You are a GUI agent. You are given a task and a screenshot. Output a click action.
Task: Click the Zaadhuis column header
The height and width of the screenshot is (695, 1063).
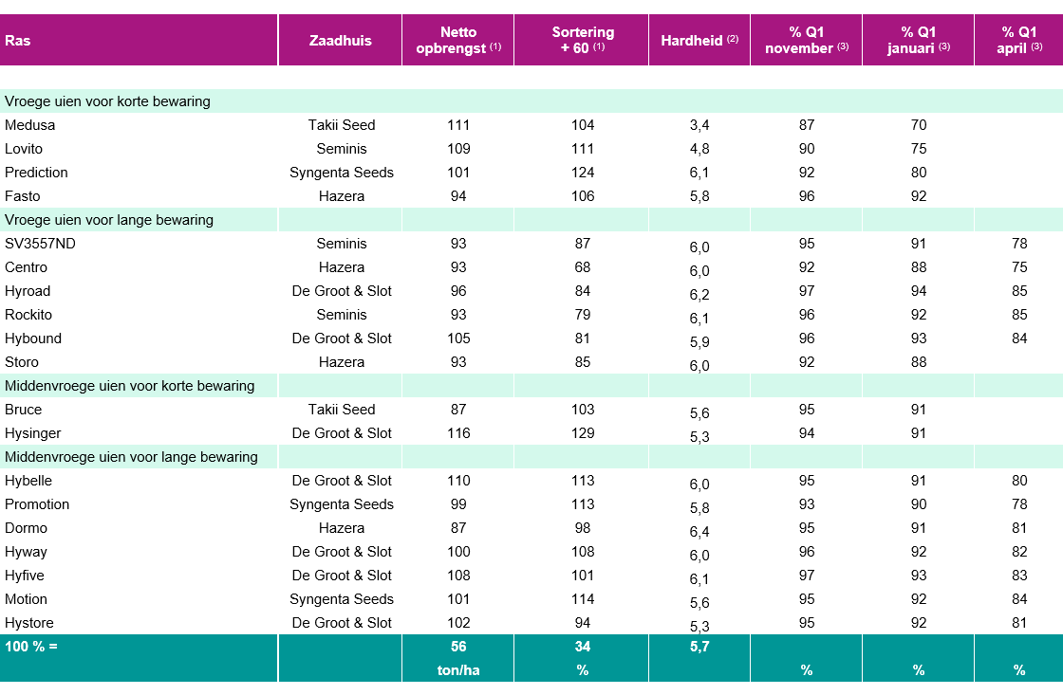pos(341,41)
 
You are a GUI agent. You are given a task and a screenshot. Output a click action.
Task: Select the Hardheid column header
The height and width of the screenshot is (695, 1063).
pos(699,41)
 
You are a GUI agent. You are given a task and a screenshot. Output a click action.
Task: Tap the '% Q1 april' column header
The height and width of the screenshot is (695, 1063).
pos(1019,40)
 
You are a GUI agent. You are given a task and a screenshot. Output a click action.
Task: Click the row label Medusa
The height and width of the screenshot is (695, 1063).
pos(29,125)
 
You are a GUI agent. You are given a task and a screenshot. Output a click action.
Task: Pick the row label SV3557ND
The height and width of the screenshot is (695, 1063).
pos(40,244)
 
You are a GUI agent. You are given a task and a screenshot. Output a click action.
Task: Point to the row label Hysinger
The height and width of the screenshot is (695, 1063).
pos(32,433)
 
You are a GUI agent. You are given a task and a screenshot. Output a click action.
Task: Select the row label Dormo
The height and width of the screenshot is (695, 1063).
pos(26,528)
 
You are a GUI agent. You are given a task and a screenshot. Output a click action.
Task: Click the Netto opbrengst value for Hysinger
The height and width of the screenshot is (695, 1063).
pos(458,433)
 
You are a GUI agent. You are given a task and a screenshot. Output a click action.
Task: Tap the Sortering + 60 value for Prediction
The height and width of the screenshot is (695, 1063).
pos(583,173)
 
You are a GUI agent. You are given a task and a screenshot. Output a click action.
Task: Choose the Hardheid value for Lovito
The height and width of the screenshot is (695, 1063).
pos(699,149)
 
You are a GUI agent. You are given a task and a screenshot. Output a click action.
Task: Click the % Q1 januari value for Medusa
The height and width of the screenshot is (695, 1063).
pos(919,125)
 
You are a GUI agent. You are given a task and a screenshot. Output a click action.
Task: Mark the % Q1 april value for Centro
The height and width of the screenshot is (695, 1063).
pos(1019,267)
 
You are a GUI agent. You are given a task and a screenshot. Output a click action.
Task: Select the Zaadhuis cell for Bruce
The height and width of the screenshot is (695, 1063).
pos(341,410)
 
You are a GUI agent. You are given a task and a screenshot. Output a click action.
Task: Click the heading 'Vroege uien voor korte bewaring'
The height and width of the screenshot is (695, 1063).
pos(107,101)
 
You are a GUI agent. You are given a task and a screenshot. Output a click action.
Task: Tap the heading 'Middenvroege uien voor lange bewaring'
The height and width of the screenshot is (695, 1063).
pos(131,457)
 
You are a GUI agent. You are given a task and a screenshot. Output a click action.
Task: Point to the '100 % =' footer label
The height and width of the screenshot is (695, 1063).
pos(31,647)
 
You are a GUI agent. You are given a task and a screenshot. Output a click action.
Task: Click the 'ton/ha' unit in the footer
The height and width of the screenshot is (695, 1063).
pos(458,670)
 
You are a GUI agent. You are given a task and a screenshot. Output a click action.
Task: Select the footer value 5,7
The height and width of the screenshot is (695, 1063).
pos(699,647)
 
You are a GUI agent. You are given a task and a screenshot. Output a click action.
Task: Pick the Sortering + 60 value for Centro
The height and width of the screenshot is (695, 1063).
pos(583,267)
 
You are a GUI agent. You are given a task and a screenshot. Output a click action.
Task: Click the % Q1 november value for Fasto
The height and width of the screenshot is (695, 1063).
pos(806,196)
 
